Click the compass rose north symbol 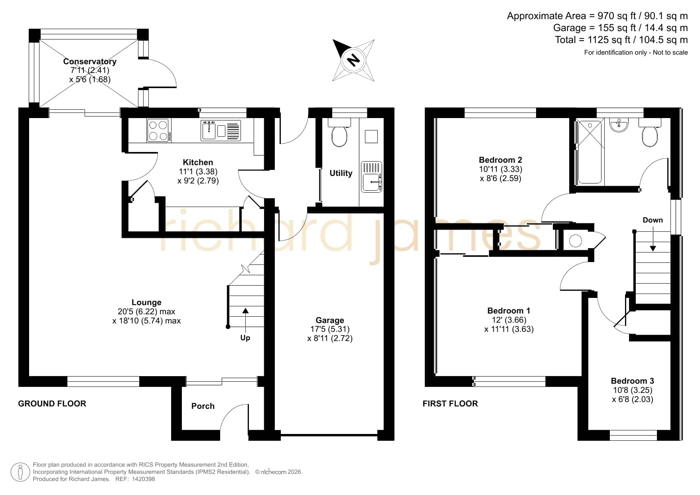[353, 60]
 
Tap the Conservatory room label [90, 61]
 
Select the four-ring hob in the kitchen [158, 131]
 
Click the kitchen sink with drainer [221, 130]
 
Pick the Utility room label [341, 173]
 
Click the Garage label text [330, 320]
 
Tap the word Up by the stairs [245, 338]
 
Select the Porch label [203, 406]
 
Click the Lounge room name [146, 303]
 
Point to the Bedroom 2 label [501, 160]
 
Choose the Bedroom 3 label [633, 381]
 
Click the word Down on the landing [653, 220]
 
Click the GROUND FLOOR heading [52, 404]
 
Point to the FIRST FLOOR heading [450, 404]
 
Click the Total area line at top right [621, 40]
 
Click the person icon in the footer [20, 472]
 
